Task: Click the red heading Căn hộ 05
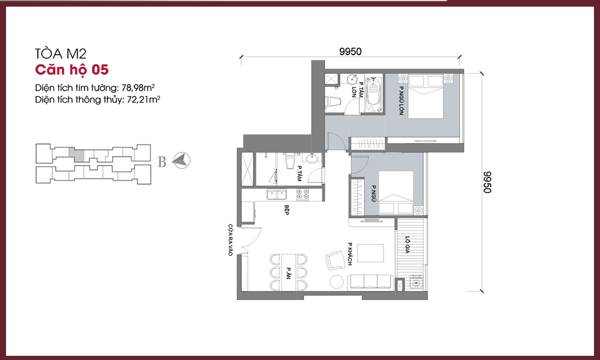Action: [72, 70]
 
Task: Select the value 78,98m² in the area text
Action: [138, 88]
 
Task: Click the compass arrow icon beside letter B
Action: [181, 160]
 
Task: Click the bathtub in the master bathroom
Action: [374, 94]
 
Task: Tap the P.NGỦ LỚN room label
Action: [401, 101]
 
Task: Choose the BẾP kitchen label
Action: [286, 209]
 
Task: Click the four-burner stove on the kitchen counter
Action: [302, 195]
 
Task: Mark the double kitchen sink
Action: [276, 195]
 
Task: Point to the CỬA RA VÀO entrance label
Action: [230, 240]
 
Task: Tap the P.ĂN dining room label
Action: [288, 273]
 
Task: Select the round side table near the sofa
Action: [337, 282]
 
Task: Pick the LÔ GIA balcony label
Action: [407, 245]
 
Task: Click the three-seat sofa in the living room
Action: [370, 282]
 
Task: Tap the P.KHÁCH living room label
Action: [349, 254]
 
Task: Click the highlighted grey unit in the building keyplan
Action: [78, 154]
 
